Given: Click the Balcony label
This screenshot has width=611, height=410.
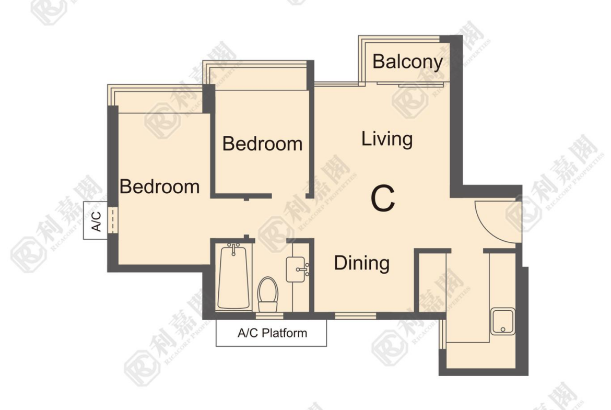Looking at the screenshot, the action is pos(407,62).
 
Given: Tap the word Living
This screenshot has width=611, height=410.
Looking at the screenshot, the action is pos(387,139).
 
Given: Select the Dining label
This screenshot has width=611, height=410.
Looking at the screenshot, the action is pos(361,263).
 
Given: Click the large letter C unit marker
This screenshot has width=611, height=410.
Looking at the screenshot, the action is pos(383,199).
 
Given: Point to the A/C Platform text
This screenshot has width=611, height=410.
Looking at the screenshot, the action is pos(273,333).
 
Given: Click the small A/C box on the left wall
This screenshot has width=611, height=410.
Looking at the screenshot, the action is pos(96,220).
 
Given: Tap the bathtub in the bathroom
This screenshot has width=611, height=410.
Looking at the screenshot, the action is pos(233,277).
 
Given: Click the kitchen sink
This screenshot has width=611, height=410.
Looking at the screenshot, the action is pos(503,322).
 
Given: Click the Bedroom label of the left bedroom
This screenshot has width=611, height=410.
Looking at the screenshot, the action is pos(159,186).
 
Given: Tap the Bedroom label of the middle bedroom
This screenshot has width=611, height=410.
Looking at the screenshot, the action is pos(262,144).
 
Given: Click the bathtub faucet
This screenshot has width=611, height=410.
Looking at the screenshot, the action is pos(233,249).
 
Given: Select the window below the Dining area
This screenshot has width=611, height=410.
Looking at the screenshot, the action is pos(356,315).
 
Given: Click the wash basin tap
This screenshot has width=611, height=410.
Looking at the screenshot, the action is pos(303,270).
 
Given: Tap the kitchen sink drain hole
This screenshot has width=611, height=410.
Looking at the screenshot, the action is pos(503,330).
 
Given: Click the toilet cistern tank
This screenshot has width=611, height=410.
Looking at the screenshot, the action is pos(268,307).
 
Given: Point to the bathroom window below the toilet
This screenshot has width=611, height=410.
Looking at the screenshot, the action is pos(269,315).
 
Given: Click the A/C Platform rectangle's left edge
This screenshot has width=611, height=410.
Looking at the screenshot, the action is pos(216,333).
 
